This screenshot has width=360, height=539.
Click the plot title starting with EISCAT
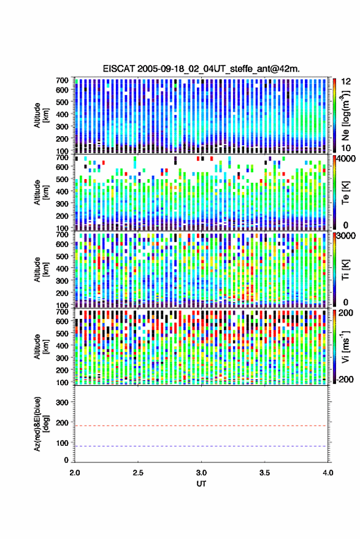coord(201,69)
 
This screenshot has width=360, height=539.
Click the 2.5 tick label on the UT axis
coord(138,473)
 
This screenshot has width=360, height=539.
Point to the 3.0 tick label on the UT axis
coord(202,473)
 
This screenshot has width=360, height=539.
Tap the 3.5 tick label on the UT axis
coord(265,473)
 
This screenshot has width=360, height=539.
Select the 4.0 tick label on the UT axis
coord(328,473)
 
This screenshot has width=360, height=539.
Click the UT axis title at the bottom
coord(201,484)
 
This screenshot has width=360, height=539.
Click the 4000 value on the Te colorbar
coord(347,159)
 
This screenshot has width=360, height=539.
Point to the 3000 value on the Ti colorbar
coord(347,236)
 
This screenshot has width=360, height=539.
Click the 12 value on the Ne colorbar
coord(347,82)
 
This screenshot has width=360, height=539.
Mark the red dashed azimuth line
coord(201,426)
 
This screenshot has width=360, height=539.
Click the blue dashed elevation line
coord(201,446)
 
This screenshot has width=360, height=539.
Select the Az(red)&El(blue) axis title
coord(41,424)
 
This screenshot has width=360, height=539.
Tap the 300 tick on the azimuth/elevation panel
coord(62,402)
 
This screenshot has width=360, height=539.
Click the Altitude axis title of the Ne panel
coord(41,115)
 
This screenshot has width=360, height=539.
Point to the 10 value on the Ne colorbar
coord(347,148)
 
